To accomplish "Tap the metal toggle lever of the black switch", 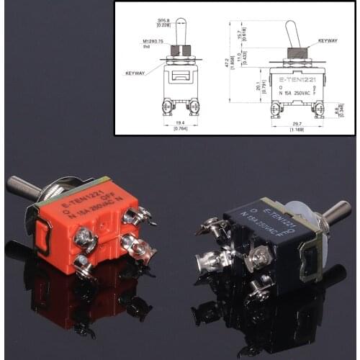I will (337, 212).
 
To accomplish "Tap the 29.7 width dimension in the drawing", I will (297, 124).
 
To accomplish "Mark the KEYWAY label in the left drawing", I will (137, 73).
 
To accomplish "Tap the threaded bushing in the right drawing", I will (295, 53).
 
